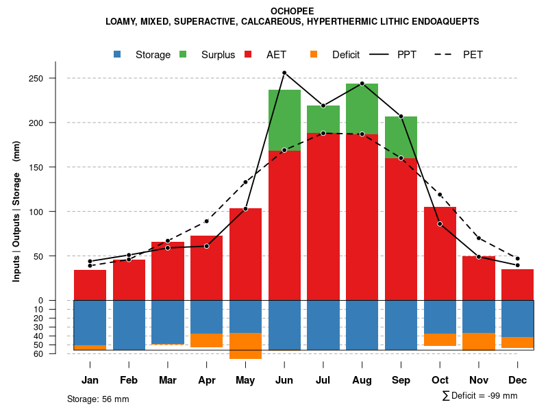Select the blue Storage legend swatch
(118, 55)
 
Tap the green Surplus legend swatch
(183, 55)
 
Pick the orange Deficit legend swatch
(314, 55)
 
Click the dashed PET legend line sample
(447, 55)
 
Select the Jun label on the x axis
(284, 380)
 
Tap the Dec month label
(518, 380)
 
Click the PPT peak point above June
(284, 73)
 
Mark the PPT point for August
(362, 84)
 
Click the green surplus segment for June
(284, 120)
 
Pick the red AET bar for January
(90, 285)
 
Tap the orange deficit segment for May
(245, 345)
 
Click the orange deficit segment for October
(440, 340)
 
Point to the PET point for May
(245, 182)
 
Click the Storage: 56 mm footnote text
(98, 399)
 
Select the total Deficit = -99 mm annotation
(480, 395)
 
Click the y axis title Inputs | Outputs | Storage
(16, 211)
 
